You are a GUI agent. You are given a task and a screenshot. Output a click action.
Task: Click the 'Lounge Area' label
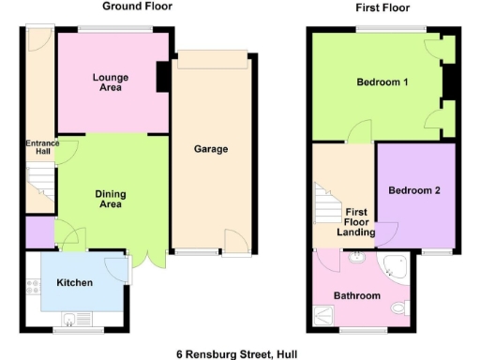pos(111,82)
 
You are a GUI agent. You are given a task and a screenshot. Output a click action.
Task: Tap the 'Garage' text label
pos(211,149)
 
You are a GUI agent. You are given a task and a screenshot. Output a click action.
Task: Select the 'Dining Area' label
pos(111,199)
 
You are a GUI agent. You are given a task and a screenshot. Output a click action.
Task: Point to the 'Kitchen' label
pos(74,282)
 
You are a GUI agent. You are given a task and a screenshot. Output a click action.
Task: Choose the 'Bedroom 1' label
pos(382,82)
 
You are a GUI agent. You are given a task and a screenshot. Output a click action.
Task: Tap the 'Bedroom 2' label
pos(414,190)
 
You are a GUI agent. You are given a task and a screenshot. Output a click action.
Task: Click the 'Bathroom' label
pos(358,296)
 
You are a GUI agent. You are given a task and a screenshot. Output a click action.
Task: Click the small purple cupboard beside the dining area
pos(39,229)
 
